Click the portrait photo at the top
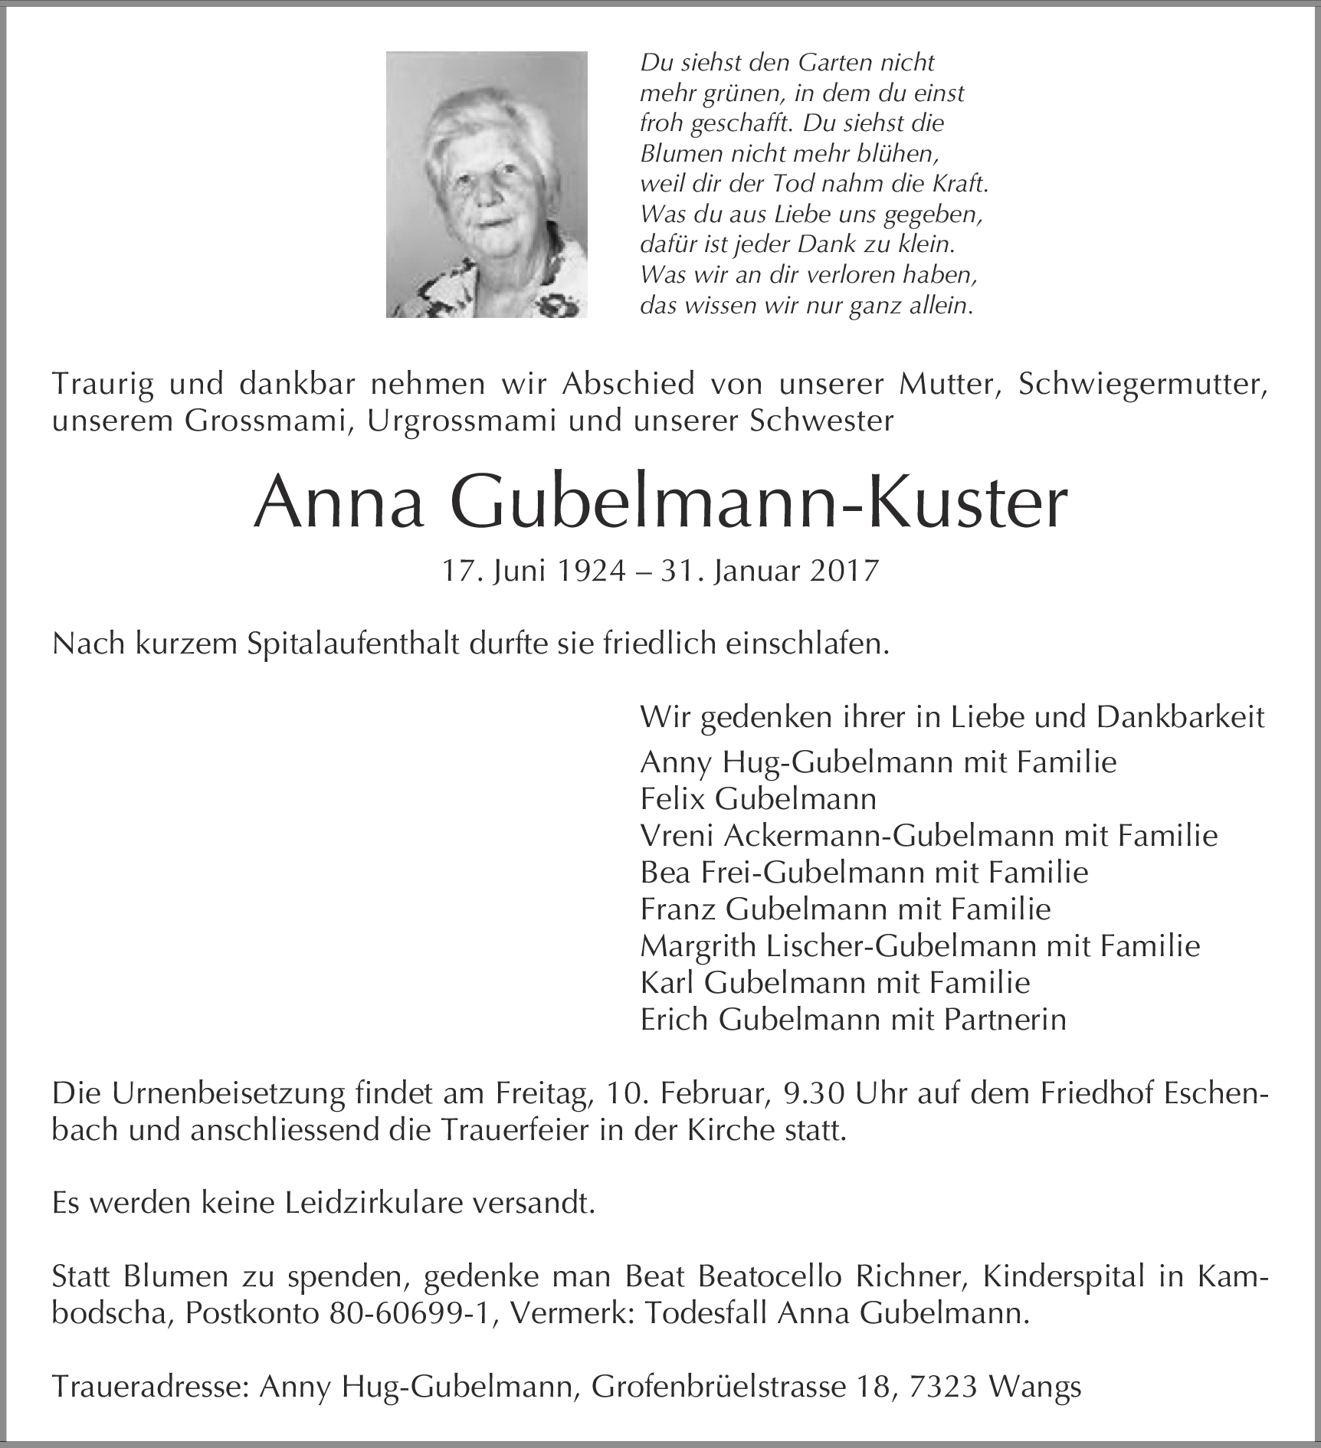(487, 184)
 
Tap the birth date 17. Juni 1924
(533, 572)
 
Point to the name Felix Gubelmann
(758, 799)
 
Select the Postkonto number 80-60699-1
(412, 1314)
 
